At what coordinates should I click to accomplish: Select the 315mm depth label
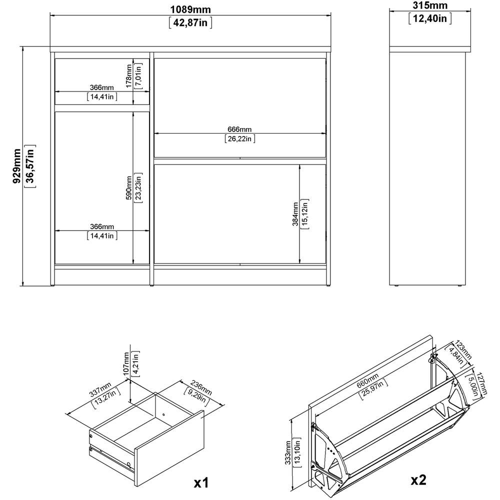(x=430, y=6)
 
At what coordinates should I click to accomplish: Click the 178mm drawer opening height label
(x=128, y=75)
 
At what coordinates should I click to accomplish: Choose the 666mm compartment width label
(x=240, y=129)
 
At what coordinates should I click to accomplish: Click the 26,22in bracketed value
(x=240, y=139)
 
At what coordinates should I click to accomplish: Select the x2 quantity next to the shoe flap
(x=418, y=480)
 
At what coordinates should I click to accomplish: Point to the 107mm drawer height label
(x=126, y=364)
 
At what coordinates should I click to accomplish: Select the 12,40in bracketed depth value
(x=430, y=19)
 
